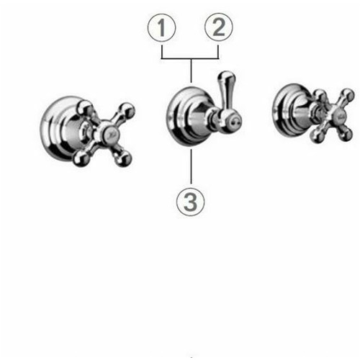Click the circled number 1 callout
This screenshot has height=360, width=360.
[161, 28]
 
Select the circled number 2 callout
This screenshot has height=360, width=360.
[219, 27]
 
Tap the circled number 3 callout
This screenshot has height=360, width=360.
[191, 201]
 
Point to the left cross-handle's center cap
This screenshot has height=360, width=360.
[110, 135]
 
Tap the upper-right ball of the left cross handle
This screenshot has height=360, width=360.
[126, 110]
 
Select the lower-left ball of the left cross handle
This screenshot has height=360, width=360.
[81, 158]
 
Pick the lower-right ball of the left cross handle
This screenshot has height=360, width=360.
[122, 158]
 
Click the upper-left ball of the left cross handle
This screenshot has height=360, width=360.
[84, 109]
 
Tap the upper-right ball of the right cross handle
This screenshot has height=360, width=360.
[348, 95]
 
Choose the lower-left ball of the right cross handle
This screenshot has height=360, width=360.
[317, 137]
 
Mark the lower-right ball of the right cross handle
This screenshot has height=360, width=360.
[346, 135]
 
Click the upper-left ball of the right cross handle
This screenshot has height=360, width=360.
[320, 95]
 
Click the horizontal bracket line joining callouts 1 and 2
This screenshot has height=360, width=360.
[190, 58]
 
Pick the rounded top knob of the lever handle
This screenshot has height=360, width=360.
[226, 77]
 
